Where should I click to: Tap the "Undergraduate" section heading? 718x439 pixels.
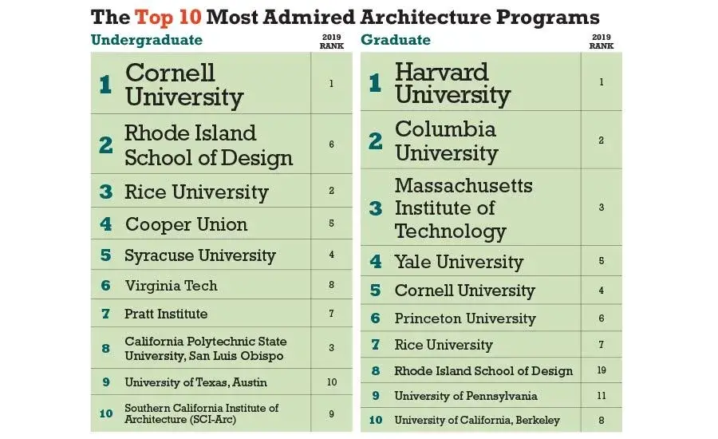[147, 40]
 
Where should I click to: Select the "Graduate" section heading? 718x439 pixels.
[396, 40]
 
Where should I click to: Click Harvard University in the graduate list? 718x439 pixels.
[452, 83]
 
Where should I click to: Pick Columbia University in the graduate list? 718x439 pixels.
[445, 140]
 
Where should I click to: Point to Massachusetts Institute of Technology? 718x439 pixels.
[464, 208]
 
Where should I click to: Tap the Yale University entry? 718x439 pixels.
[459, 262]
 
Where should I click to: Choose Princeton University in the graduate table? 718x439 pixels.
[464, 318]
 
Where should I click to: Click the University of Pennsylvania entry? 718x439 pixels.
[466, 396]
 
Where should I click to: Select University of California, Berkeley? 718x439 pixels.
[477, 420]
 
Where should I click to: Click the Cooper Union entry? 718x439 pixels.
[186, 224]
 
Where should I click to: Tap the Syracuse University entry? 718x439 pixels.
[199, 255]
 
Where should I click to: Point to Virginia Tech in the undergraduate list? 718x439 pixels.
[171, 285]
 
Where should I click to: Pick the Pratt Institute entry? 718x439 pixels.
[166, 314]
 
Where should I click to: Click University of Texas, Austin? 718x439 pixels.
[195, 382]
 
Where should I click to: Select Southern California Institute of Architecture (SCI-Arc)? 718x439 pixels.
[202, 413]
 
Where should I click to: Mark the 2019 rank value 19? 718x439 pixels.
[601, 370]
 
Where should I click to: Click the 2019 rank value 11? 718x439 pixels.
[601, 396]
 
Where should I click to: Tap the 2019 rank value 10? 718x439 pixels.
[331, 382]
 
